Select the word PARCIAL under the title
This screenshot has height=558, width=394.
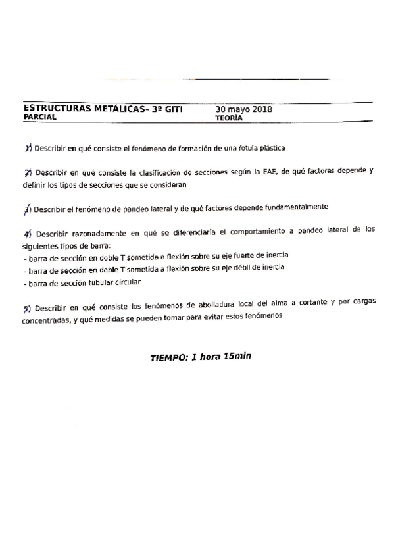click(x=39, y=118)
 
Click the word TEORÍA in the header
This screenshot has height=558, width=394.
click(x=229, y=118)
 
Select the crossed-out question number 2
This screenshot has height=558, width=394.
click(x=28, y=172)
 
